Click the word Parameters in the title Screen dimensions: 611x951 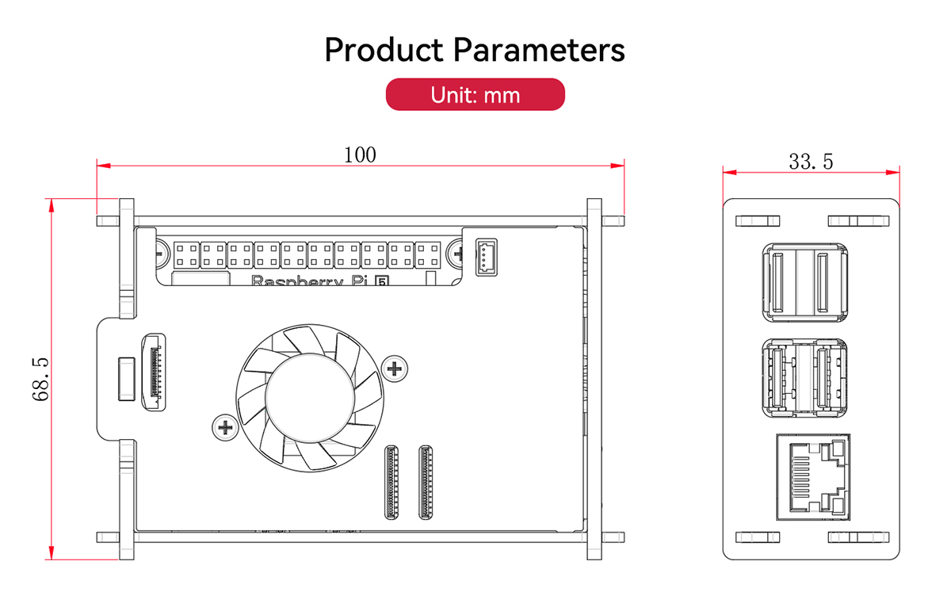[x=539, y=50]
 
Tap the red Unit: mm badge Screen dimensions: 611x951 [x=475, y=94]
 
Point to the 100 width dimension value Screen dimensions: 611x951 [x=360, y=155]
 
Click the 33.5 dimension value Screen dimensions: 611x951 [x=811, y=162]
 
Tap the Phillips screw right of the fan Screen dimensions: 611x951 [x=393, y=367]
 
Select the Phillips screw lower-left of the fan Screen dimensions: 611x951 [x=225, y=428]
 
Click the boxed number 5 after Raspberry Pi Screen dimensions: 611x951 [x=381, y=281]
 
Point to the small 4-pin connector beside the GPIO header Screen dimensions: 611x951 [x=486, y=257]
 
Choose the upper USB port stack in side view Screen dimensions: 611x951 [x=804, y=281]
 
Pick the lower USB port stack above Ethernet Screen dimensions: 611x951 [x=804, y=377]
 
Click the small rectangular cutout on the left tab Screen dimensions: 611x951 [x=124, y=378]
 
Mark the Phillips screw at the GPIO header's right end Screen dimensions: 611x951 [x=457, y=254]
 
